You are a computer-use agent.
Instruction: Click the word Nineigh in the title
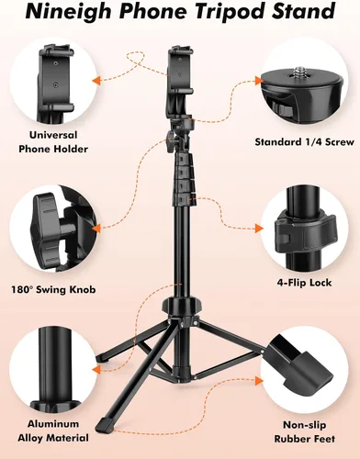(x=68, y=11)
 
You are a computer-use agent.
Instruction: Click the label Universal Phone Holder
(x=53, y=142)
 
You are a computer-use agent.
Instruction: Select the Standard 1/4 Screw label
(x=304, y=142)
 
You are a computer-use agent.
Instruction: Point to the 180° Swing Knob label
(x=53, y=289)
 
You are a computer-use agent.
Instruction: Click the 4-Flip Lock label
(x=304, y=283)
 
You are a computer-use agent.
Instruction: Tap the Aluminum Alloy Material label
(x=53, y=431)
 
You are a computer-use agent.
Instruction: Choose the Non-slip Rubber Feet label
(x=304, y=432)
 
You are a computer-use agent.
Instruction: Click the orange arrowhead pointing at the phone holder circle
(x=96, y=81)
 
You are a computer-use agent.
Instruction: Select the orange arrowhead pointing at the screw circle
(x=259, y=81)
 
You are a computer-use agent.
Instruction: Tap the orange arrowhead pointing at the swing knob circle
(x=96, y=229)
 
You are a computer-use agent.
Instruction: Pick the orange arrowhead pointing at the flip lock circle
(x=259, y=229)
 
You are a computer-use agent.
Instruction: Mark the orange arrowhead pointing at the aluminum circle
(x=96, y=369)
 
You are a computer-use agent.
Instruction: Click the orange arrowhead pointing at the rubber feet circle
(x=259, y=381)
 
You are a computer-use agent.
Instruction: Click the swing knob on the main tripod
(x=170, y=141)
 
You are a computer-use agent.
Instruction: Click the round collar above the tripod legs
(x=182, y=305)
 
